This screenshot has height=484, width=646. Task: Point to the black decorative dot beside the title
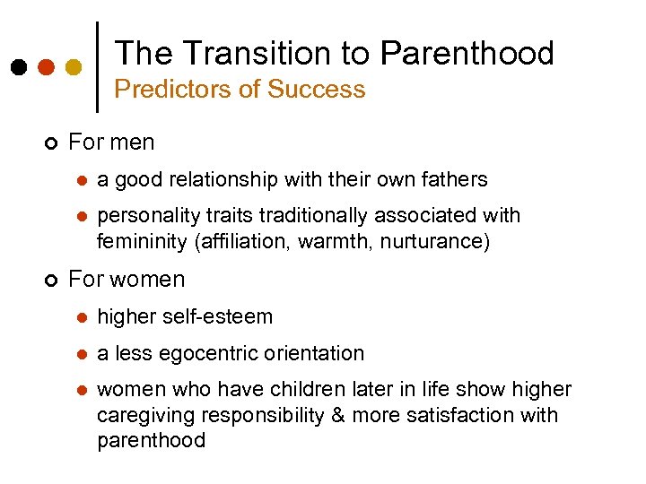click(18, 66)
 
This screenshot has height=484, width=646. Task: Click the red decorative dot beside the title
click(46, 66)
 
